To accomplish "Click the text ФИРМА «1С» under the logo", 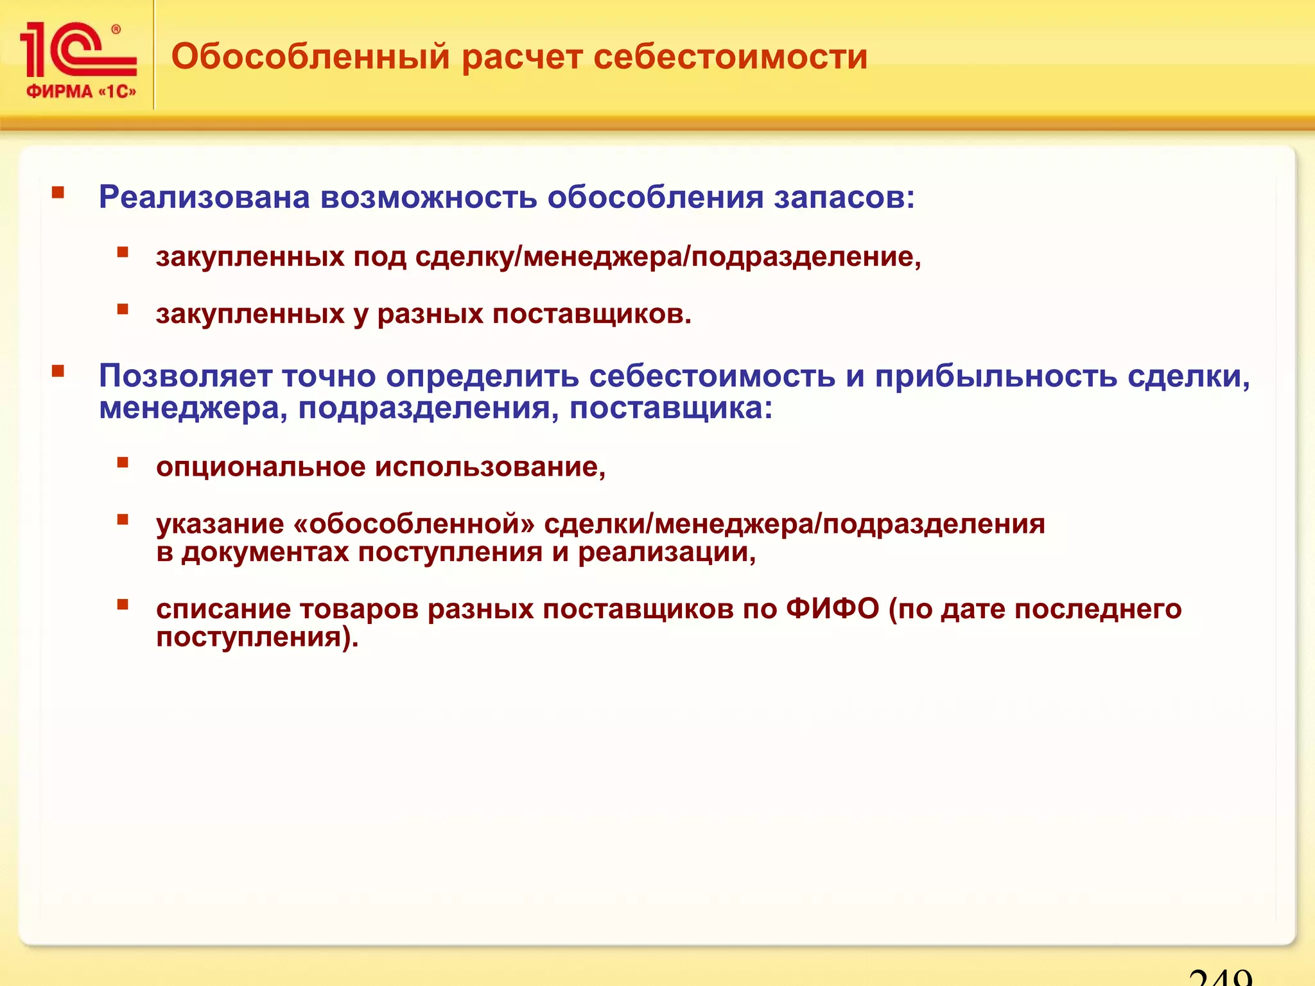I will [81, 91].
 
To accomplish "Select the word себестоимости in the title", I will [730, 56].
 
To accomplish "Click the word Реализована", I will [204, 197].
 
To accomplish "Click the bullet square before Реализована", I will [58, 192].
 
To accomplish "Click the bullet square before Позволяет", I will [58, 370].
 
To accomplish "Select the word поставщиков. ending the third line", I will [591, 315].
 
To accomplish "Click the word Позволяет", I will [186, 376].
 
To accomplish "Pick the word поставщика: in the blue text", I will [671, 409].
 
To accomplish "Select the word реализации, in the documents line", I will [666, 553].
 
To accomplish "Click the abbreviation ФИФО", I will [832, 609].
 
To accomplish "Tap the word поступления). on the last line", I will [257, 637].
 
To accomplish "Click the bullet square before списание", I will [123, 603].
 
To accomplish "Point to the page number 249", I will [1220, 976].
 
